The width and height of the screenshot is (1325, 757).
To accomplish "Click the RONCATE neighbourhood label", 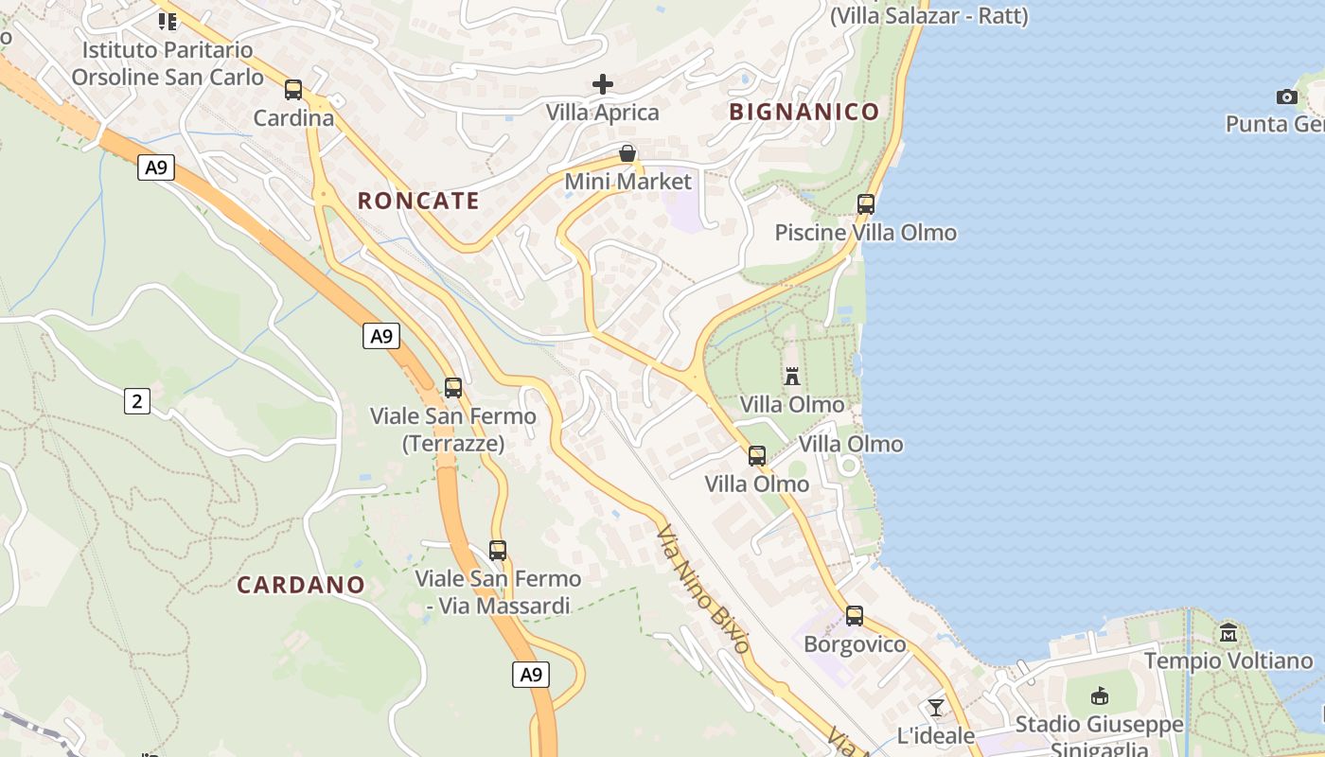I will pyautogui.click(x=418, y=201).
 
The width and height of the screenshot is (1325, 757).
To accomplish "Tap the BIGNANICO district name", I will pyautogui.click(x=804, y=112).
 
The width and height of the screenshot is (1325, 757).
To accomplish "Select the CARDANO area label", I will pyautogui.click(x=301, y=585).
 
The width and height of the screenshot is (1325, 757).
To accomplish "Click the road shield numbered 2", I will pyautogui.click(x=137, y=401).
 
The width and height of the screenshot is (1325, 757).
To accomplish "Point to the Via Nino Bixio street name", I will pyautogui.click(x=704, y=590).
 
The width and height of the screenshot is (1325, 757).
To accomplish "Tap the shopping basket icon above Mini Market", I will pyautogui.click(x=627, y=153).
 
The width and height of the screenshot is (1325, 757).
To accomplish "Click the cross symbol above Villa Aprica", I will pyautogui.click(x=603, y=84).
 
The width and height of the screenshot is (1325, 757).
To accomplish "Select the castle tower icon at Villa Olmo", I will pyautogui.click(x=792, y=376).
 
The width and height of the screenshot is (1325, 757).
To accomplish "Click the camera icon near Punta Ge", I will pyautogui.click(x=1286, y=97).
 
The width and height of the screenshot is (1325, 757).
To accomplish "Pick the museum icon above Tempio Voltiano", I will pyautogui.click(x=1228, y=632).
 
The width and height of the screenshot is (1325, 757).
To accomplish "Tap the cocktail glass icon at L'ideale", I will pyautogui.click(x=936, y=707).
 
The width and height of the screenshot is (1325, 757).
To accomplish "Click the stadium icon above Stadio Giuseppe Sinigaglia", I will pyautogui.click(x=1100, y=697).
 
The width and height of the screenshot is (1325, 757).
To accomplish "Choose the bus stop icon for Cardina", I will pyautogui.click(x=293, y=90).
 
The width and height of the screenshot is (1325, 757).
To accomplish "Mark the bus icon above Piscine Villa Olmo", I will pyautogui.click(x=865, y=203).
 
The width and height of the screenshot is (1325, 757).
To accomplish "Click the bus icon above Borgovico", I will pyautogui.click(x=855, y=616).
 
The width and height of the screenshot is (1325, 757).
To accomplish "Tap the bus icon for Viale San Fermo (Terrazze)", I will pyautogui.click(x=453, y=387).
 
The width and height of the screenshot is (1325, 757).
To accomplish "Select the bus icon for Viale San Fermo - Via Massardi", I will pyautogui.click(x=498, y=550).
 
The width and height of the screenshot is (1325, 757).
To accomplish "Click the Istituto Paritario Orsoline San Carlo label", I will pyautogui.click(x=168, y=63).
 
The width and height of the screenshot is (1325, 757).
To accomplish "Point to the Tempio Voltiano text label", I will pyautogui.click(x=1228, y=660).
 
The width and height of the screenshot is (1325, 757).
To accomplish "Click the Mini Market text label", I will pyautogui.click(x=628, y=182).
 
